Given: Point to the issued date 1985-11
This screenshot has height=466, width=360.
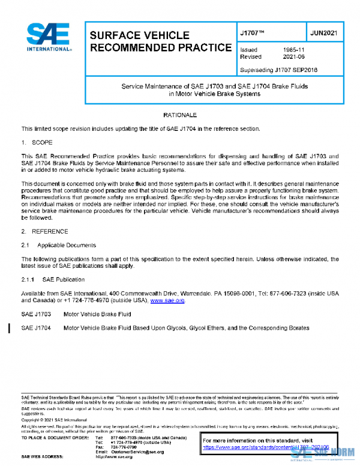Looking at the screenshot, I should click(293, 50).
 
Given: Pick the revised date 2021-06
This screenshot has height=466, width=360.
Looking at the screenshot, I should click(293, 58).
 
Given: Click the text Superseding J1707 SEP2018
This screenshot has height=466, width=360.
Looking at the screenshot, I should click(278, 70).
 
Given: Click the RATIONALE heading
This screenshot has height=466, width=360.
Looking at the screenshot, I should click(180, 114).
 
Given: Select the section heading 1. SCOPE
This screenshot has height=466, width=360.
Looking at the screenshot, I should click(37, 142).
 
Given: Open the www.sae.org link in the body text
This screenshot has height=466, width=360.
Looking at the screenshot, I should click(167, 300).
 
